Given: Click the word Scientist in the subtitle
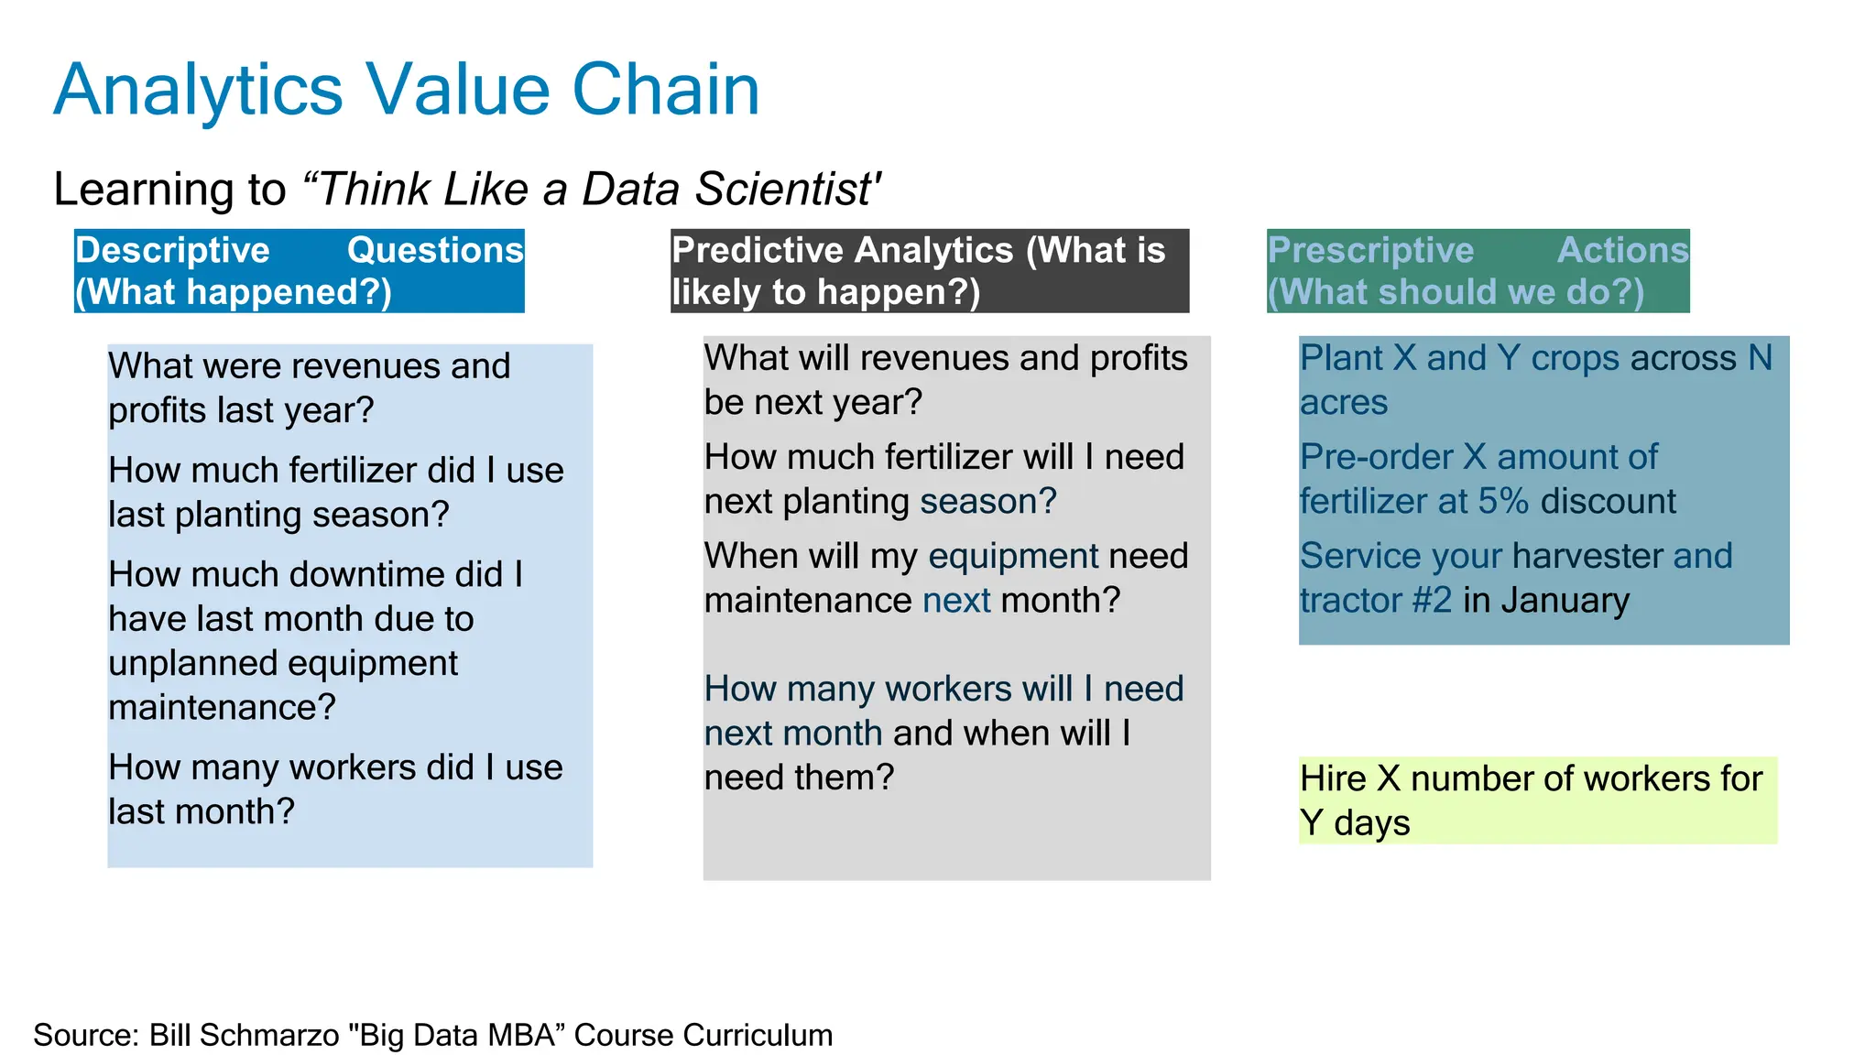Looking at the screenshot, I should pyautogui.click(x=785, y=190).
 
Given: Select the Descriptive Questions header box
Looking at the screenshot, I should pyautogui.click(x=299, y=271).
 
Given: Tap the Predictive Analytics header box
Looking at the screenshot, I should pyautogui.click(x=929, y=271).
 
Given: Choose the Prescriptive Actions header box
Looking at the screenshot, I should pyautogui.click(x=1477, y=271).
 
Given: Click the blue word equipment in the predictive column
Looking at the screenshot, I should pyautogui.click(x=1013, y=557).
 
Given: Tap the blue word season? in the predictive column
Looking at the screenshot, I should pyautogui.click(x=987, y=502).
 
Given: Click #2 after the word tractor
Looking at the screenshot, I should pyautogui.click(x=1431, y=601).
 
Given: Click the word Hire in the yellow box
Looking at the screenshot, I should pyautogui.click(x=1333, y=779).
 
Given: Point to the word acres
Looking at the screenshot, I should pyautogui.click(x=1343, y=403).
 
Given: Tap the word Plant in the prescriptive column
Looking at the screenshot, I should pyautogui.click(x=1340, y=358).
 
